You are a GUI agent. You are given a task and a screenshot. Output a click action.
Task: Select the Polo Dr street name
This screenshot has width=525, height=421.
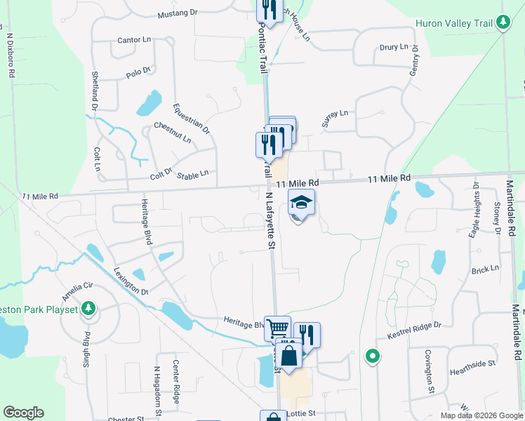(x=138, y=72)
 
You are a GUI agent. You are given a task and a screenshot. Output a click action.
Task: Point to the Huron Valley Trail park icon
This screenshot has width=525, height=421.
(x=503, y=23)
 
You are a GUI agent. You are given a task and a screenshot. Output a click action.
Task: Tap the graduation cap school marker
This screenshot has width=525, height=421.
(x=301, y=203)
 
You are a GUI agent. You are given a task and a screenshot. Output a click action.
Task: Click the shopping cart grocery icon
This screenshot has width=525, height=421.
(x=278, y=327)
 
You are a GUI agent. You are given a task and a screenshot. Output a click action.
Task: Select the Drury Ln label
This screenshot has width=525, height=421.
(x=393, y=47)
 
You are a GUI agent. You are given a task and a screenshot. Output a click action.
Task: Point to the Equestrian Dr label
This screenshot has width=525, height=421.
(x=191, y=119)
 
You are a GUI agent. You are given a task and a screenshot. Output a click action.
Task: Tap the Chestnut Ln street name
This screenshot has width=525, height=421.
(x=173, y=132)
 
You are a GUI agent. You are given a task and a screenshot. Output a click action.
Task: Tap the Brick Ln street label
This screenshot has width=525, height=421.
(x=485, y=269)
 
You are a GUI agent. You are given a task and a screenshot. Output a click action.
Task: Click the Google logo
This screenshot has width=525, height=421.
(x=23, y=413)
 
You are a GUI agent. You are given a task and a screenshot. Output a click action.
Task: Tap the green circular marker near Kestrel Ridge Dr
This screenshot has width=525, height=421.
(x=373, y=356)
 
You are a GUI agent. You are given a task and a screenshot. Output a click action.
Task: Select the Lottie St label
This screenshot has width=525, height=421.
(x=302, y=414)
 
